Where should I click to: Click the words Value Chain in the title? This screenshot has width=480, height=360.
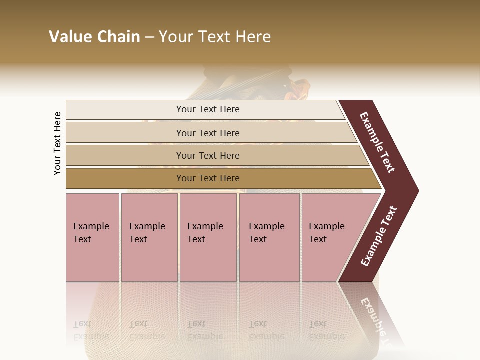pyautogui.click(x=94, y=37)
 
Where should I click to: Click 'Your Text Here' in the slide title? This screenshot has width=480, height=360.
pyautogui.click(x=215, y=37)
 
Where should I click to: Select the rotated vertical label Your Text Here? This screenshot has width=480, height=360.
pyautogui.click(x=57, y=144)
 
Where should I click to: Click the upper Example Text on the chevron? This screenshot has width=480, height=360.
pyautogui.click(x=378, y=142)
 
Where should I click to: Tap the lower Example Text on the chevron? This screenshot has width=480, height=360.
pyautogui.click(x=379, y=236)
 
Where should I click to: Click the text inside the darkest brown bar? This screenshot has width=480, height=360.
pyautogui.click(x=208, y=178)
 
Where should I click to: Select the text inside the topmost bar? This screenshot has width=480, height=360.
pyautogui.click(x=208, y=109)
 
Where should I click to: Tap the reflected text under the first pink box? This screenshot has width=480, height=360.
pyautogui.click(x=91, y=330)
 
